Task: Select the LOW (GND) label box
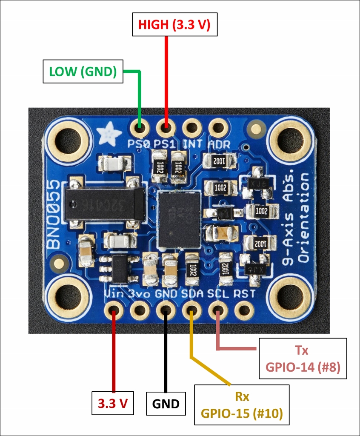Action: (83, 72)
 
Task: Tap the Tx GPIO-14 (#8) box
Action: (303, 359)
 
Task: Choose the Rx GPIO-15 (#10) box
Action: (242, 404)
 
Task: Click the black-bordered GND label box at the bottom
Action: (166, 403)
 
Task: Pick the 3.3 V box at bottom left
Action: (113, 403)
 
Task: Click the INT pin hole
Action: (192, 127)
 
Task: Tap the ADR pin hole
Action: (218, 127)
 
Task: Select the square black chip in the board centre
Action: (179, 219)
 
